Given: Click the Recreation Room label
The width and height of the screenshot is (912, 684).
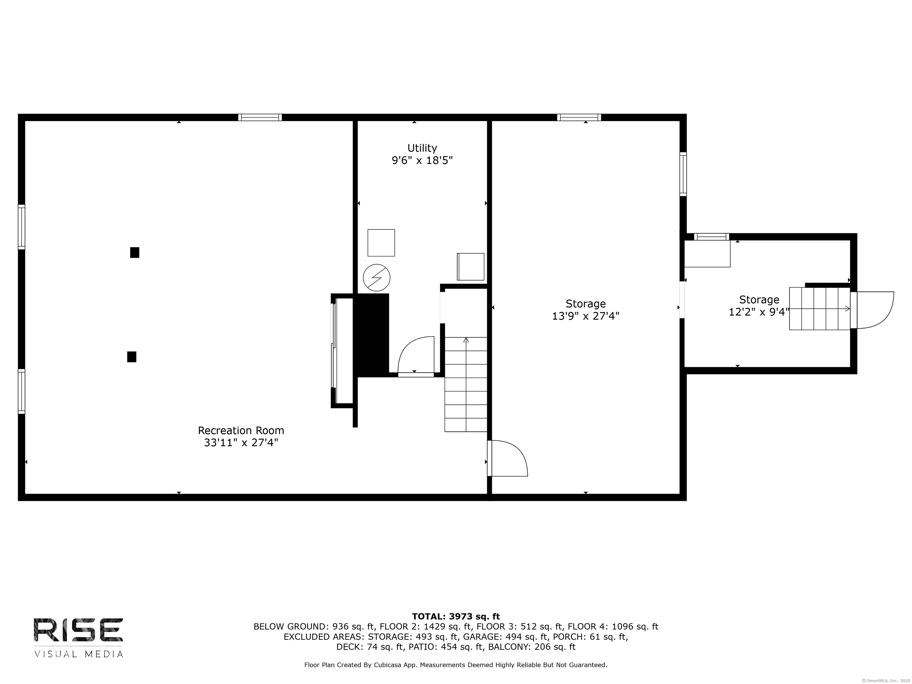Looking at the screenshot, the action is tap(241, 430).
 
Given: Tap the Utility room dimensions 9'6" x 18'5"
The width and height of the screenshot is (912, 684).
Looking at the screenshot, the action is tap(422, 160).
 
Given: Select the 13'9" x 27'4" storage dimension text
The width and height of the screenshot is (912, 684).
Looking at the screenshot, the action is tap(585, 316).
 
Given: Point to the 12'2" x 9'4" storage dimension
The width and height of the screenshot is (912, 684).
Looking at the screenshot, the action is tap(759, 312).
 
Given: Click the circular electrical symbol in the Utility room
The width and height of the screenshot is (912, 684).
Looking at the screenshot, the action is tap(376, 278).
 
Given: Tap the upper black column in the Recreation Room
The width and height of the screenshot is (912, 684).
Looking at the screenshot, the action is tap(134, 252).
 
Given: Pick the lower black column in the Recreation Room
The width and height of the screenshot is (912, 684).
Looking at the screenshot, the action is tap(132, 357).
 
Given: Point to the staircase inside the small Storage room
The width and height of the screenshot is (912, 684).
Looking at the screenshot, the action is tap(820, 308).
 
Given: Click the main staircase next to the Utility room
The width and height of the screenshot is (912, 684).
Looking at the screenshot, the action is tap(466, 384).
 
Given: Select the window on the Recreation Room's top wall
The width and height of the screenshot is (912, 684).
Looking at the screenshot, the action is tap(260, 118).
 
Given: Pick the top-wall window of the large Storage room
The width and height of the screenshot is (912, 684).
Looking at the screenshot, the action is tap(579, 118).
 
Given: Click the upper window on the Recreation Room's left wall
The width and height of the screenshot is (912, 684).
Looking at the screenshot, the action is tap(21, 227).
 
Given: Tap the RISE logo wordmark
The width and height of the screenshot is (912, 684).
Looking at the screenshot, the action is tap(78, 630).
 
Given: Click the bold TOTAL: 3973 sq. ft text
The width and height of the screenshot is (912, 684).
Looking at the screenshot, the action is tap(456, 616).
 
